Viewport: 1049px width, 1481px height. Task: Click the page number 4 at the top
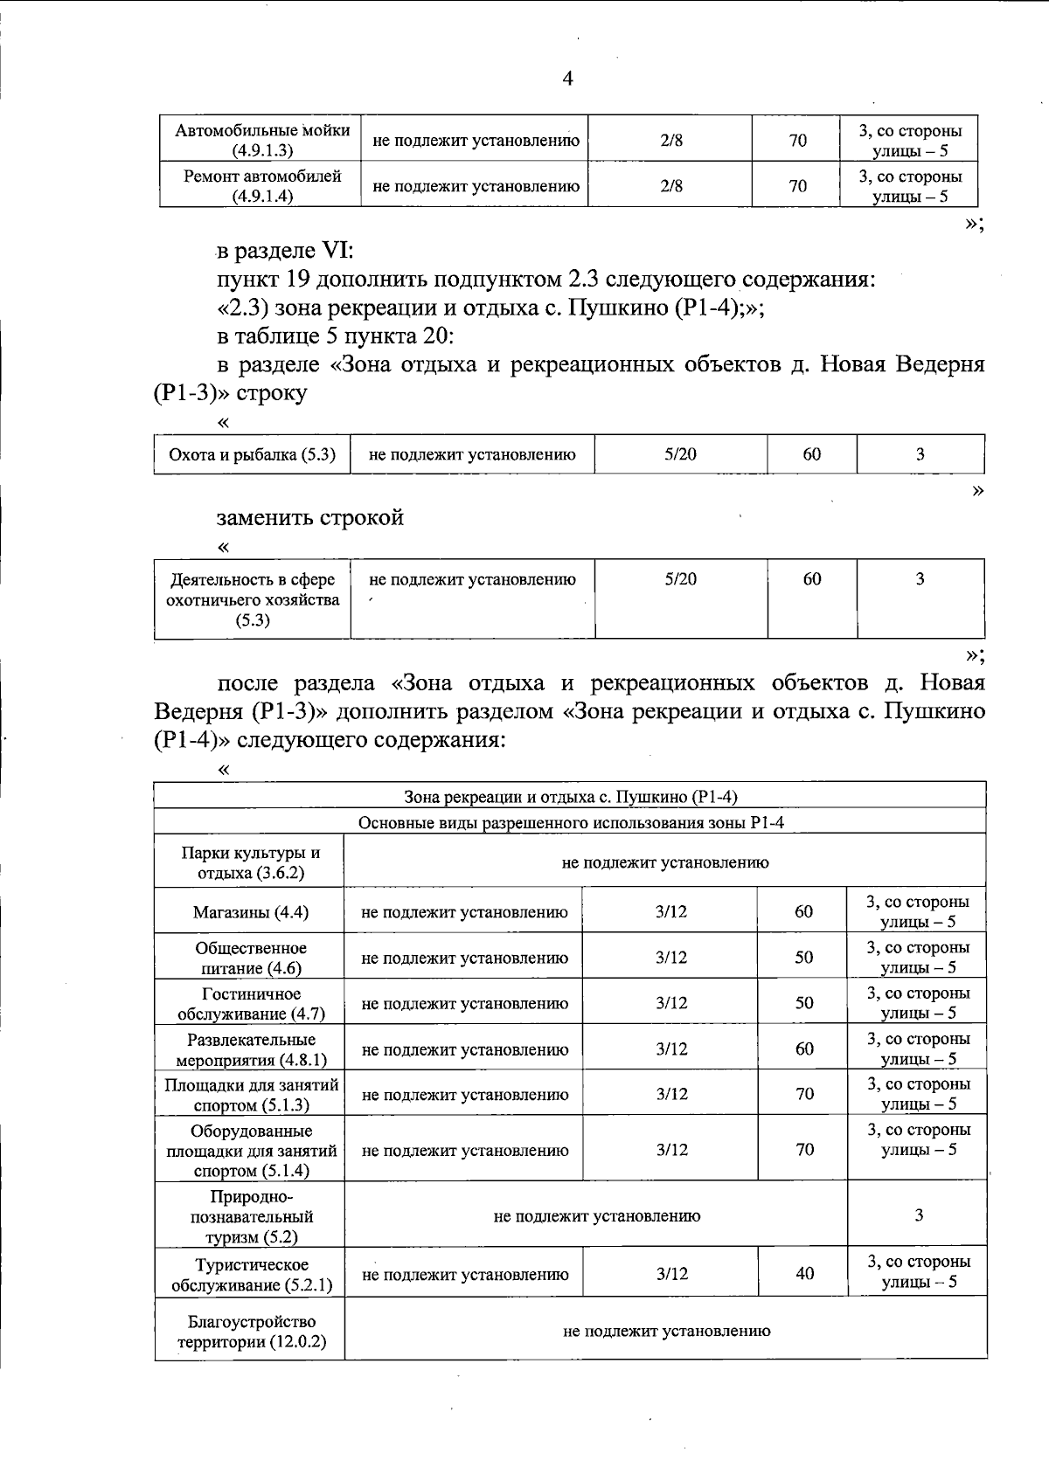pos(567,79)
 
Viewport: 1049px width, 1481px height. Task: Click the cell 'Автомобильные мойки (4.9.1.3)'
pos(262,140)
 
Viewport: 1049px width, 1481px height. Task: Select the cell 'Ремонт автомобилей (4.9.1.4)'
pos(262,185)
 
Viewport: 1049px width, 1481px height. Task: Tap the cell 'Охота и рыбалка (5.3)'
pos(252,454)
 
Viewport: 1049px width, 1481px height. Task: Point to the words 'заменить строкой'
pos(310,517)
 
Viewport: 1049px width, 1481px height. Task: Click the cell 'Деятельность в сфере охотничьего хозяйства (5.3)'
pos(253,599)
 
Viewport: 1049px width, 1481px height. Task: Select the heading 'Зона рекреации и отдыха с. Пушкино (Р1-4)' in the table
pos(571,796)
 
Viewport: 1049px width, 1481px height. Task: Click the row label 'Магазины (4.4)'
pos(250,912)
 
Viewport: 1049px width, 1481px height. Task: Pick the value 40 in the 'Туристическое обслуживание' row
pos(804,1273)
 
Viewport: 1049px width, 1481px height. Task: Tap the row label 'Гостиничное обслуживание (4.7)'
pos(251,1003)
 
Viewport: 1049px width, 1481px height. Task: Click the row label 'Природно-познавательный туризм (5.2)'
pos(251,1215)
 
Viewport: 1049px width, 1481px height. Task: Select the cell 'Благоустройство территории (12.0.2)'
pos(251,1331)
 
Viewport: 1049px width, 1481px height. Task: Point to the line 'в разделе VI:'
pos(285,251)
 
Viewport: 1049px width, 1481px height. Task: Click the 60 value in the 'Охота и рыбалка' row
pos(812,454)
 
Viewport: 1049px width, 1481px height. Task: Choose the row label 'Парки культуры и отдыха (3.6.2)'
pos(251,862)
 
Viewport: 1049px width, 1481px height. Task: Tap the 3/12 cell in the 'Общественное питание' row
pos(670,958)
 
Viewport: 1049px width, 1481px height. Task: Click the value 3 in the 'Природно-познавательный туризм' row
pos(918,1215)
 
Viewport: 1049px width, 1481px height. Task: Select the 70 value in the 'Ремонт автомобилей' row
pos(797,185)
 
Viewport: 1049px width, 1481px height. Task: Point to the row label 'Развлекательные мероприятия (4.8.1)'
pos(251,1049)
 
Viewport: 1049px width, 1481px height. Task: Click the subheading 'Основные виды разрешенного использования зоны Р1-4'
pos(571,822)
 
